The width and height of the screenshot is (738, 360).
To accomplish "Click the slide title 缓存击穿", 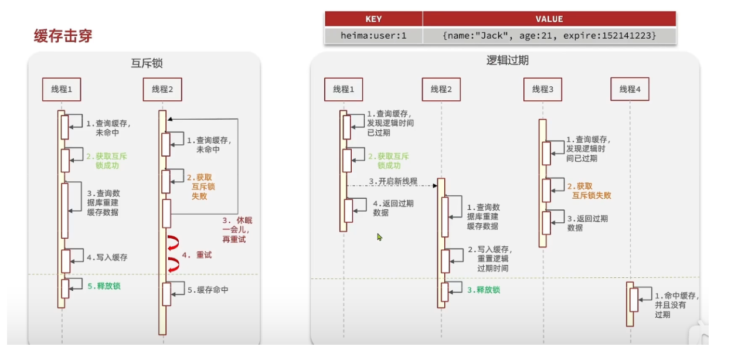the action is point(63,36).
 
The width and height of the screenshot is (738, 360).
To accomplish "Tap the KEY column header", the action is point(373,19).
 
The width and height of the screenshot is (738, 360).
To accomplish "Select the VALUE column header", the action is point(549,19).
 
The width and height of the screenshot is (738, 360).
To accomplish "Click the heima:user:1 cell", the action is point(373,36).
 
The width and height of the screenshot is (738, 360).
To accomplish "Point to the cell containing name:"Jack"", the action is point(549,36).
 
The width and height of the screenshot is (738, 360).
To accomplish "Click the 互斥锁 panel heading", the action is point(147,63).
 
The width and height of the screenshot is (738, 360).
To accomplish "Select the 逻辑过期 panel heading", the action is point(508,60).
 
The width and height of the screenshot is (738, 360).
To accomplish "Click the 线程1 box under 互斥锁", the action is point(62,89).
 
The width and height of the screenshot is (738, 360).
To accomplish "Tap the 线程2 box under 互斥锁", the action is point(162,89).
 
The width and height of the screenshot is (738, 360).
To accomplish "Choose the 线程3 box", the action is point(543,89).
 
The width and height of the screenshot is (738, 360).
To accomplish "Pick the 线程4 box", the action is point(630,89).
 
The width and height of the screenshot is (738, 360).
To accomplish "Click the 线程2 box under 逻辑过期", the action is point(441,89).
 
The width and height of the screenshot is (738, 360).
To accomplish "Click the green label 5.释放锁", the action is point(104,286).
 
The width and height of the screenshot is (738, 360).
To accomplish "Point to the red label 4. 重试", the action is point(197,255).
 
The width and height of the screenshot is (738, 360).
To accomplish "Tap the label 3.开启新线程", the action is point(393,181).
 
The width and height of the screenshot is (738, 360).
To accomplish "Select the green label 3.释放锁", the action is point(484,290).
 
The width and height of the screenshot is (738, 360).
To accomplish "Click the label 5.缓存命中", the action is point(208,290).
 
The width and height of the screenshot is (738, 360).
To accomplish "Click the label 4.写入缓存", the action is point(107,257).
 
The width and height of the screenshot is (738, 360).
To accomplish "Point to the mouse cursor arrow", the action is point(379,237).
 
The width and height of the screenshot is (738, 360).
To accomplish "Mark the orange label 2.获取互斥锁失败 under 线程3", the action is point(589,191).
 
